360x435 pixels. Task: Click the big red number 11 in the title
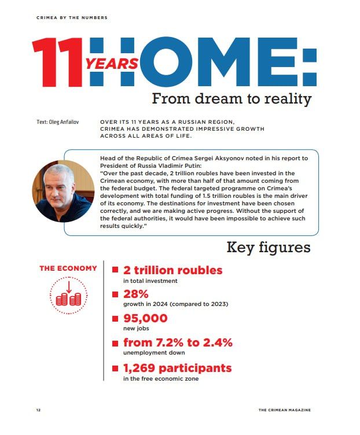[x=58, y=62]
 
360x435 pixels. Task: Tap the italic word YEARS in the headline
[x=112, y=64]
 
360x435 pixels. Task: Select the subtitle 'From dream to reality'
[x=232, y=98]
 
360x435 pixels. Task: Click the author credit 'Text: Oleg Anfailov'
[x=58, y=122]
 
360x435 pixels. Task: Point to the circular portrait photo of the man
[x=63, y=191]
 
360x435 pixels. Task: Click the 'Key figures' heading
[x=268, y=248]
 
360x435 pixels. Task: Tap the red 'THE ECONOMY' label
[x=68, y=268]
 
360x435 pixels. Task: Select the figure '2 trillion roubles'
[x=172, y=270]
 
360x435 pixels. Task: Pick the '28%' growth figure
[x=137, y=294]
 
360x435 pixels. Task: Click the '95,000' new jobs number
[x=145, y=318]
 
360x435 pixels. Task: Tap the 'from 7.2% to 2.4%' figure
[x=178, y=342]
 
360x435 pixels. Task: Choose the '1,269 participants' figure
[x=177, y=368]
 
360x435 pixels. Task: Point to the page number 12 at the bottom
[x=38, y=410]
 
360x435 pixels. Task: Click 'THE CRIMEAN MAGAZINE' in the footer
[x=284, y=410]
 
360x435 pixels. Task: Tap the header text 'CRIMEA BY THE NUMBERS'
[x=72, y=18]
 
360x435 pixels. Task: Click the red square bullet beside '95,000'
[x=115, y=319]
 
